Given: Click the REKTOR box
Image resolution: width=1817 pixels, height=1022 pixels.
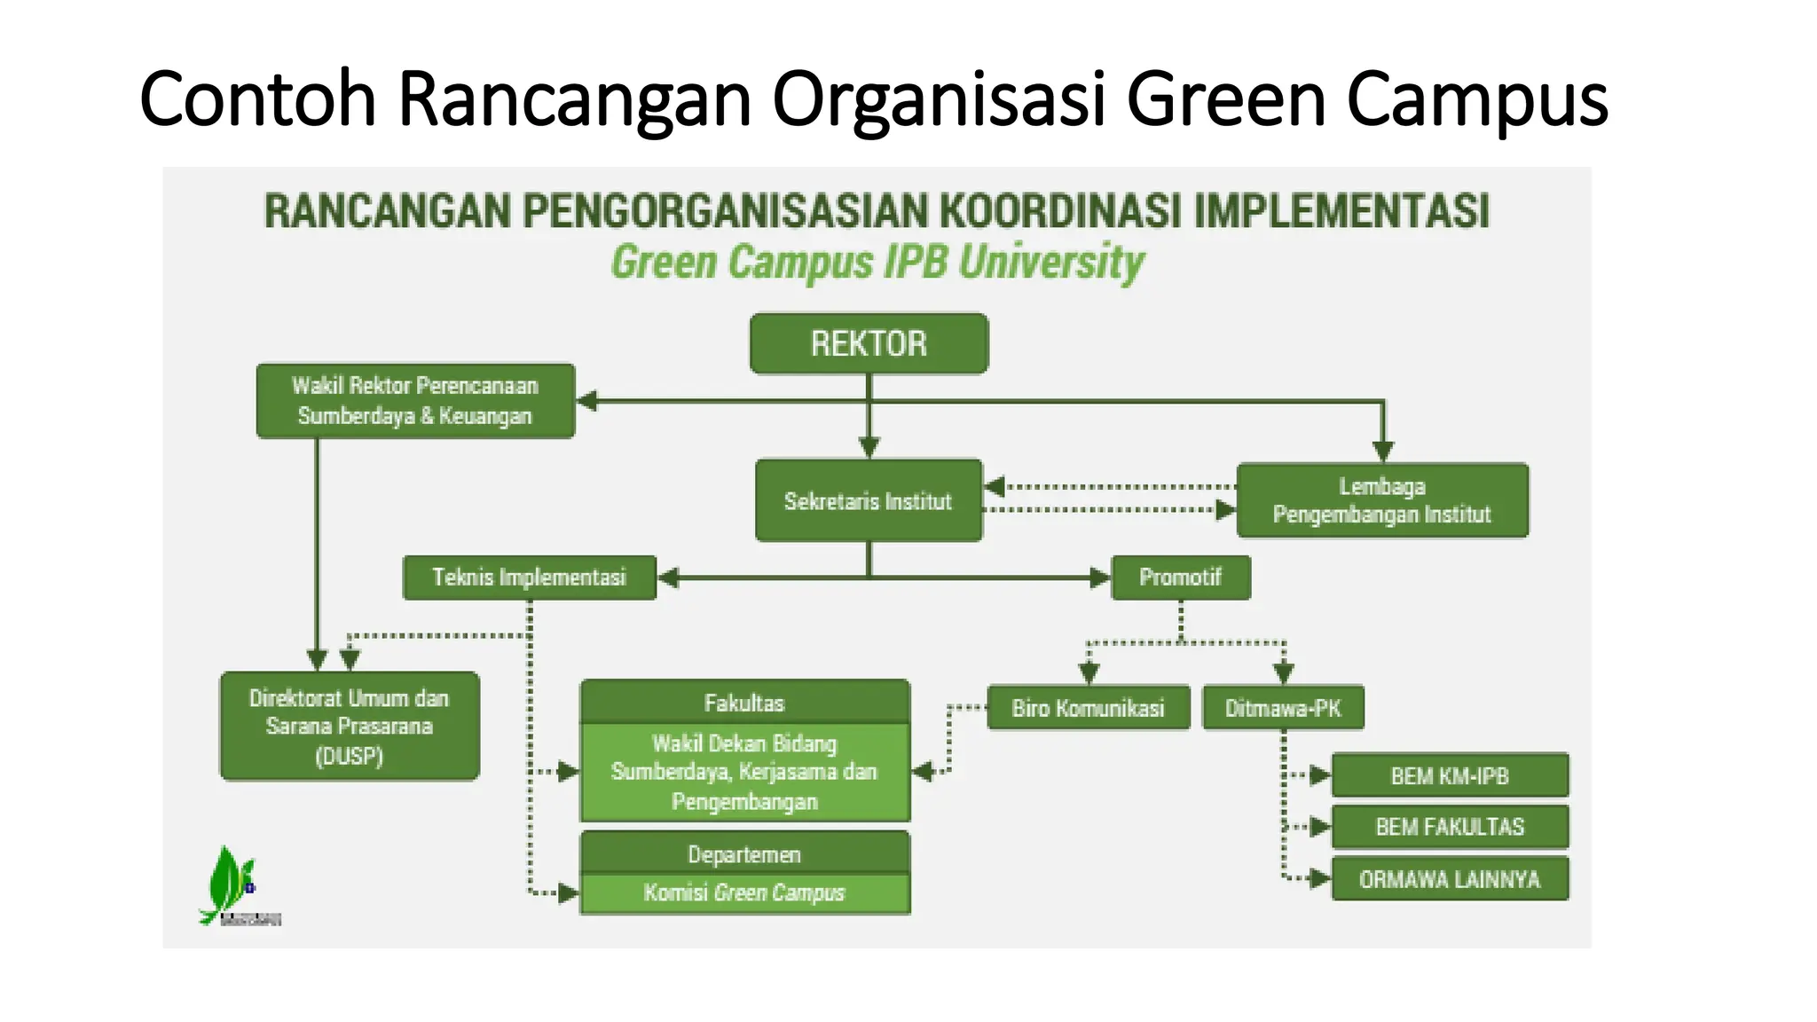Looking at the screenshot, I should click(x=869, y=343).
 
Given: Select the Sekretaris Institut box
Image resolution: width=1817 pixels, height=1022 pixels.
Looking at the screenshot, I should click(x=869, y=500).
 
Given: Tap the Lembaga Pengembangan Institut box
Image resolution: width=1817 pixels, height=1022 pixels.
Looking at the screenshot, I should click(x=1381, y=500).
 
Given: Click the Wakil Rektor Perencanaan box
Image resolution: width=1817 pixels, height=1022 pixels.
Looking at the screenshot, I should click(x=415, y=401).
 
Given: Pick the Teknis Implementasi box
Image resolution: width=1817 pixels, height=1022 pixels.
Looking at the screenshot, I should click(x=529, y=578).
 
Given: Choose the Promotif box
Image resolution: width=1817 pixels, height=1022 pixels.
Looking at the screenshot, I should click(x=1180, y=578).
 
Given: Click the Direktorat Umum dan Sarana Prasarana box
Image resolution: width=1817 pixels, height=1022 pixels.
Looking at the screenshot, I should click(x=350, y=727).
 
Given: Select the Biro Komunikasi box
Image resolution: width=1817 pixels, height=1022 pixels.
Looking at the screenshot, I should click(x=1088, y=708).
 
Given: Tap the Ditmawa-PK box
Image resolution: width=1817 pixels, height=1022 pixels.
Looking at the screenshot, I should click(x=1282, y=708).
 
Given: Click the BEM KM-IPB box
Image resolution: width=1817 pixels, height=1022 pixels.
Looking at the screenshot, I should click(x=1449, y=776).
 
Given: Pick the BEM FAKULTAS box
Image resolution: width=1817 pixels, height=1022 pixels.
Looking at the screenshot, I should click(x=1449, y=827).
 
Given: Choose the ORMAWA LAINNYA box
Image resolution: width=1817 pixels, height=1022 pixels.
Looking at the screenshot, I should click(x=1449, y=879).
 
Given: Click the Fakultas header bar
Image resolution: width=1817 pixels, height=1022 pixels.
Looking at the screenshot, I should click(x=744, y=703).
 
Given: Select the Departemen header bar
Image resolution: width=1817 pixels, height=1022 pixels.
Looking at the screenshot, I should click(x=744, y=853).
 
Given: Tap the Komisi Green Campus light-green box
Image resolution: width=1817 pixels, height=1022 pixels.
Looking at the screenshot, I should click(x=744, y=893).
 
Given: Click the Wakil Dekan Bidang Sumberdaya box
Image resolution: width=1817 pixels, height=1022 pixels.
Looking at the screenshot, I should click(x=744, y=773).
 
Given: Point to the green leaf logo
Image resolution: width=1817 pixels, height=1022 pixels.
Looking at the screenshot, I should click(x=229, y=884).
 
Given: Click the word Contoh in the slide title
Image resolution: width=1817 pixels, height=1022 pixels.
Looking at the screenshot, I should click(x=258, y=99).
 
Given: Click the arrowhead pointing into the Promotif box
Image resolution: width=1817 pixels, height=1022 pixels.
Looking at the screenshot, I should click(x=1100, y=578).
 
